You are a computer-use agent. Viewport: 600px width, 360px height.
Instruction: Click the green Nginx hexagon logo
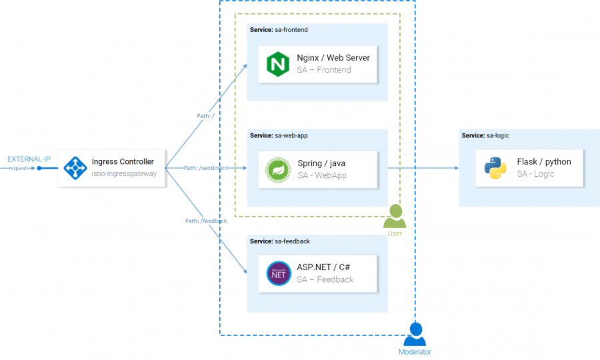[x=277, y=64]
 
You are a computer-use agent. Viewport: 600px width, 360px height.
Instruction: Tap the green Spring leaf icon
[x=277, y=169]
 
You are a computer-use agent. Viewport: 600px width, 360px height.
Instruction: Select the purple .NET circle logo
[x=277, y=274]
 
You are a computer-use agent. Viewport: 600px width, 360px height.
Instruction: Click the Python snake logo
[x=495, y=168]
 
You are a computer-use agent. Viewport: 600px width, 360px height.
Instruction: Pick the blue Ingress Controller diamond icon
[x=75, y=167]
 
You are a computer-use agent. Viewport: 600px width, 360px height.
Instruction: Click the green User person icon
[x=395, y=217]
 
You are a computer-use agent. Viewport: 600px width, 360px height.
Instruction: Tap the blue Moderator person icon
[x=414, y=333]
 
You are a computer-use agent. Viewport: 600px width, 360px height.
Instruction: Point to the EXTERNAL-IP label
[x=29, y=159]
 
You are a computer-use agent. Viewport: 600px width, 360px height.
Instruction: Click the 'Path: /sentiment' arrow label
[x=206, y=168]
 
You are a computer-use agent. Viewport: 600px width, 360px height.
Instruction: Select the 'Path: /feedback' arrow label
[x=206, y=221]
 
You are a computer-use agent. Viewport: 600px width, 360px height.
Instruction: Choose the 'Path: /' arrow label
[x=205, y=116]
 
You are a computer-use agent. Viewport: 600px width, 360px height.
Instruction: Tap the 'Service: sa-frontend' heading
[x=279, y=30]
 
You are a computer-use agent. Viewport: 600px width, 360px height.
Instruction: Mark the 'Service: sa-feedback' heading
[x=279, y=241]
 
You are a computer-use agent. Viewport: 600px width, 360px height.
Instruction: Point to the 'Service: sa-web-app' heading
[x=279, y=135]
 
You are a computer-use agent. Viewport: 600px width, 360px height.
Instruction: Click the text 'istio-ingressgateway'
[x=123, y=174]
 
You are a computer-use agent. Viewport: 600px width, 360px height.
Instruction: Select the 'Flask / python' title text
[x=543, y=161]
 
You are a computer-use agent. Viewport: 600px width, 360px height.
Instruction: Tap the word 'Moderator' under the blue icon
[x=415, y=352]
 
